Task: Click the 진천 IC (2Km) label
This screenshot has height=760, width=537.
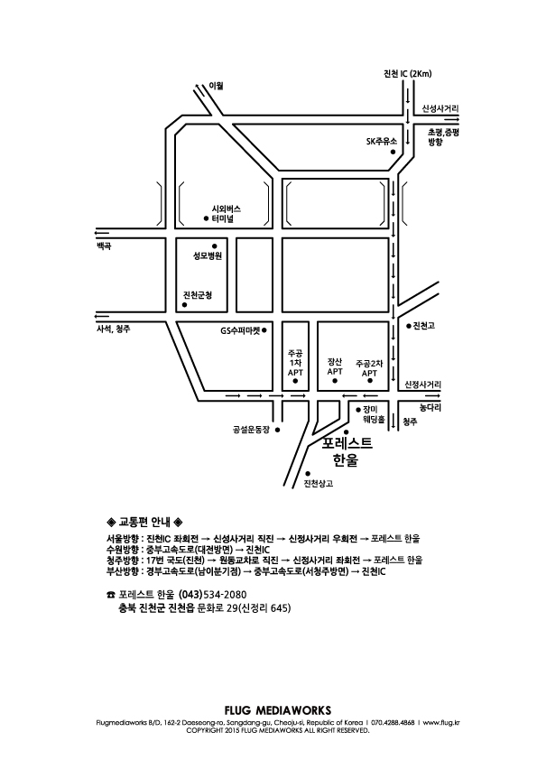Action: click(x=407, y=74)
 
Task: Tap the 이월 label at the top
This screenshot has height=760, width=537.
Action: click(x=216, y=86)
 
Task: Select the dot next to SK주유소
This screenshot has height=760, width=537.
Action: click(x=393, y=152)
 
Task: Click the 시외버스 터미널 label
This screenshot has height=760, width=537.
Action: click(x=226, y=214)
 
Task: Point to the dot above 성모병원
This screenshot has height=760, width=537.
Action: click(x=214, y=246)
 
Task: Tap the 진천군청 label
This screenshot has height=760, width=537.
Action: click(x=198, y=294)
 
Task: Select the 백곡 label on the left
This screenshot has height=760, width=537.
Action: click(x=104, y=246)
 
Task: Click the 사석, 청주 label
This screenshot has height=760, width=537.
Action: click(x=114, y=329)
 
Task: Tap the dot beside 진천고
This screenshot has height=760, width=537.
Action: click(x=409, y=326)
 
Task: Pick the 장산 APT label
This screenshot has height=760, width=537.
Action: click(x=335, y=366)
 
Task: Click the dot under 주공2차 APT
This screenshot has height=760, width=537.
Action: click(x=370, y=381)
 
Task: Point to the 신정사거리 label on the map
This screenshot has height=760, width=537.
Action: click(x=423, y=385)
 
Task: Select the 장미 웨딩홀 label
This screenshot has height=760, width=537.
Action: click(x=374, y=414)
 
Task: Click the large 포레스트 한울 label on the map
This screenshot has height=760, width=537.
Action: click(x=347, y=451)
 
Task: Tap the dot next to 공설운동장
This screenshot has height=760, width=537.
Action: click(x=278, y=430)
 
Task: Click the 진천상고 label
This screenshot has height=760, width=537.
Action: click(x=319, y=483)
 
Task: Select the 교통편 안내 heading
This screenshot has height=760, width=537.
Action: click(x=144, y=522)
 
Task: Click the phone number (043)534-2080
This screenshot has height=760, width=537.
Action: click(x=213, y=594)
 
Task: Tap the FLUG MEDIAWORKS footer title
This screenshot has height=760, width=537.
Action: click(x=278, y=710)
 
